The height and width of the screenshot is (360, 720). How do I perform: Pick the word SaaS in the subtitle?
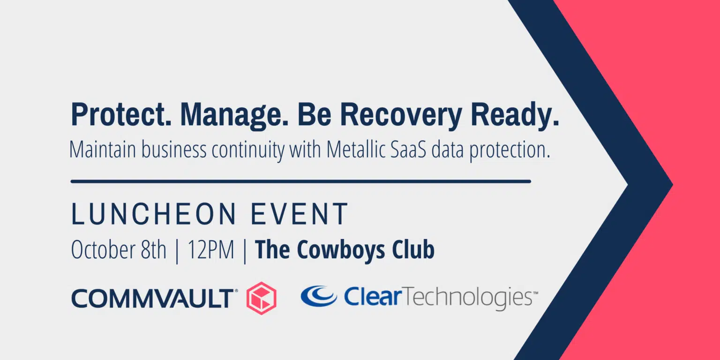pyautogui.click(x=409, y=150)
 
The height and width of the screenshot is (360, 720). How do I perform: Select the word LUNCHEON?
pyautogui.click(x=154, y=214)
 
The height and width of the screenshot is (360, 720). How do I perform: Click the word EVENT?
pyautogui.click(x=300, y=214)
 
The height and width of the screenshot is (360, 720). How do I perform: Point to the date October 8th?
pyautogui.click(x=119, y=249)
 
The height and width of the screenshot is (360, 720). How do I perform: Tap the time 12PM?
pyautogui.click(x=211, y=249)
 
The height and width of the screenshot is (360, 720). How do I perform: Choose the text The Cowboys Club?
pyautogui.click(x=345, y=250)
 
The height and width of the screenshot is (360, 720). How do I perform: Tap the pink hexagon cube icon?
pyautogui.click(x=261, y=298)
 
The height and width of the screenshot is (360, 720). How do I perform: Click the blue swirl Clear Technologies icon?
pyautogui.click(x=319, y=296)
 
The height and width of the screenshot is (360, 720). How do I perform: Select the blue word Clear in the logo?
pyautogui.click(x=373, y=297)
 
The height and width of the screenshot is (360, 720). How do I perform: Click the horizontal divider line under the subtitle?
pyautogui.click(x=301, y=181)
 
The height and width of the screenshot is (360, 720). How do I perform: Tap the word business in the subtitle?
pyautogui.click(x=174, y=150)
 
